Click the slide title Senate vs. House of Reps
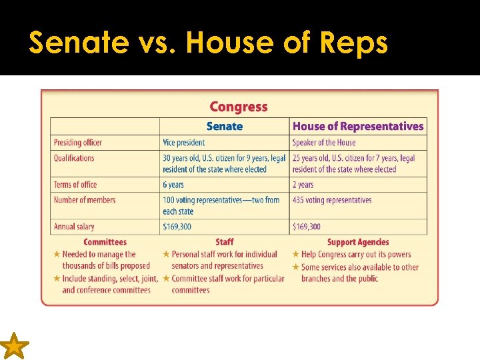[208, 43]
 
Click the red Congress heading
[238, 107]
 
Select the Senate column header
[224, 126]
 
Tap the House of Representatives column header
[358, 126]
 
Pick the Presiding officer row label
[78, 143]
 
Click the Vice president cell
[184, 143]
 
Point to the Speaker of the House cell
[324, 143]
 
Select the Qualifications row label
[74, 158]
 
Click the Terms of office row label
[75, 185]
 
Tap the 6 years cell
[173, 185]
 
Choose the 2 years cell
[303, 185]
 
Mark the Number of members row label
[85, 200]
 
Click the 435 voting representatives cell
[332, 200]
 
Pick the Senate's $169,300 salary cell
[177, 227]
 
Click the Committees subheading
[105, 242]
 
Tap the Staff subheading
[225, 242]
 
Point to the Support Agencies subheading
[358, 242]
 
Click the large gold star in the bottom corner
[14, 347]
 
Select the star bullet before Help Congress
[296, 254]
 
